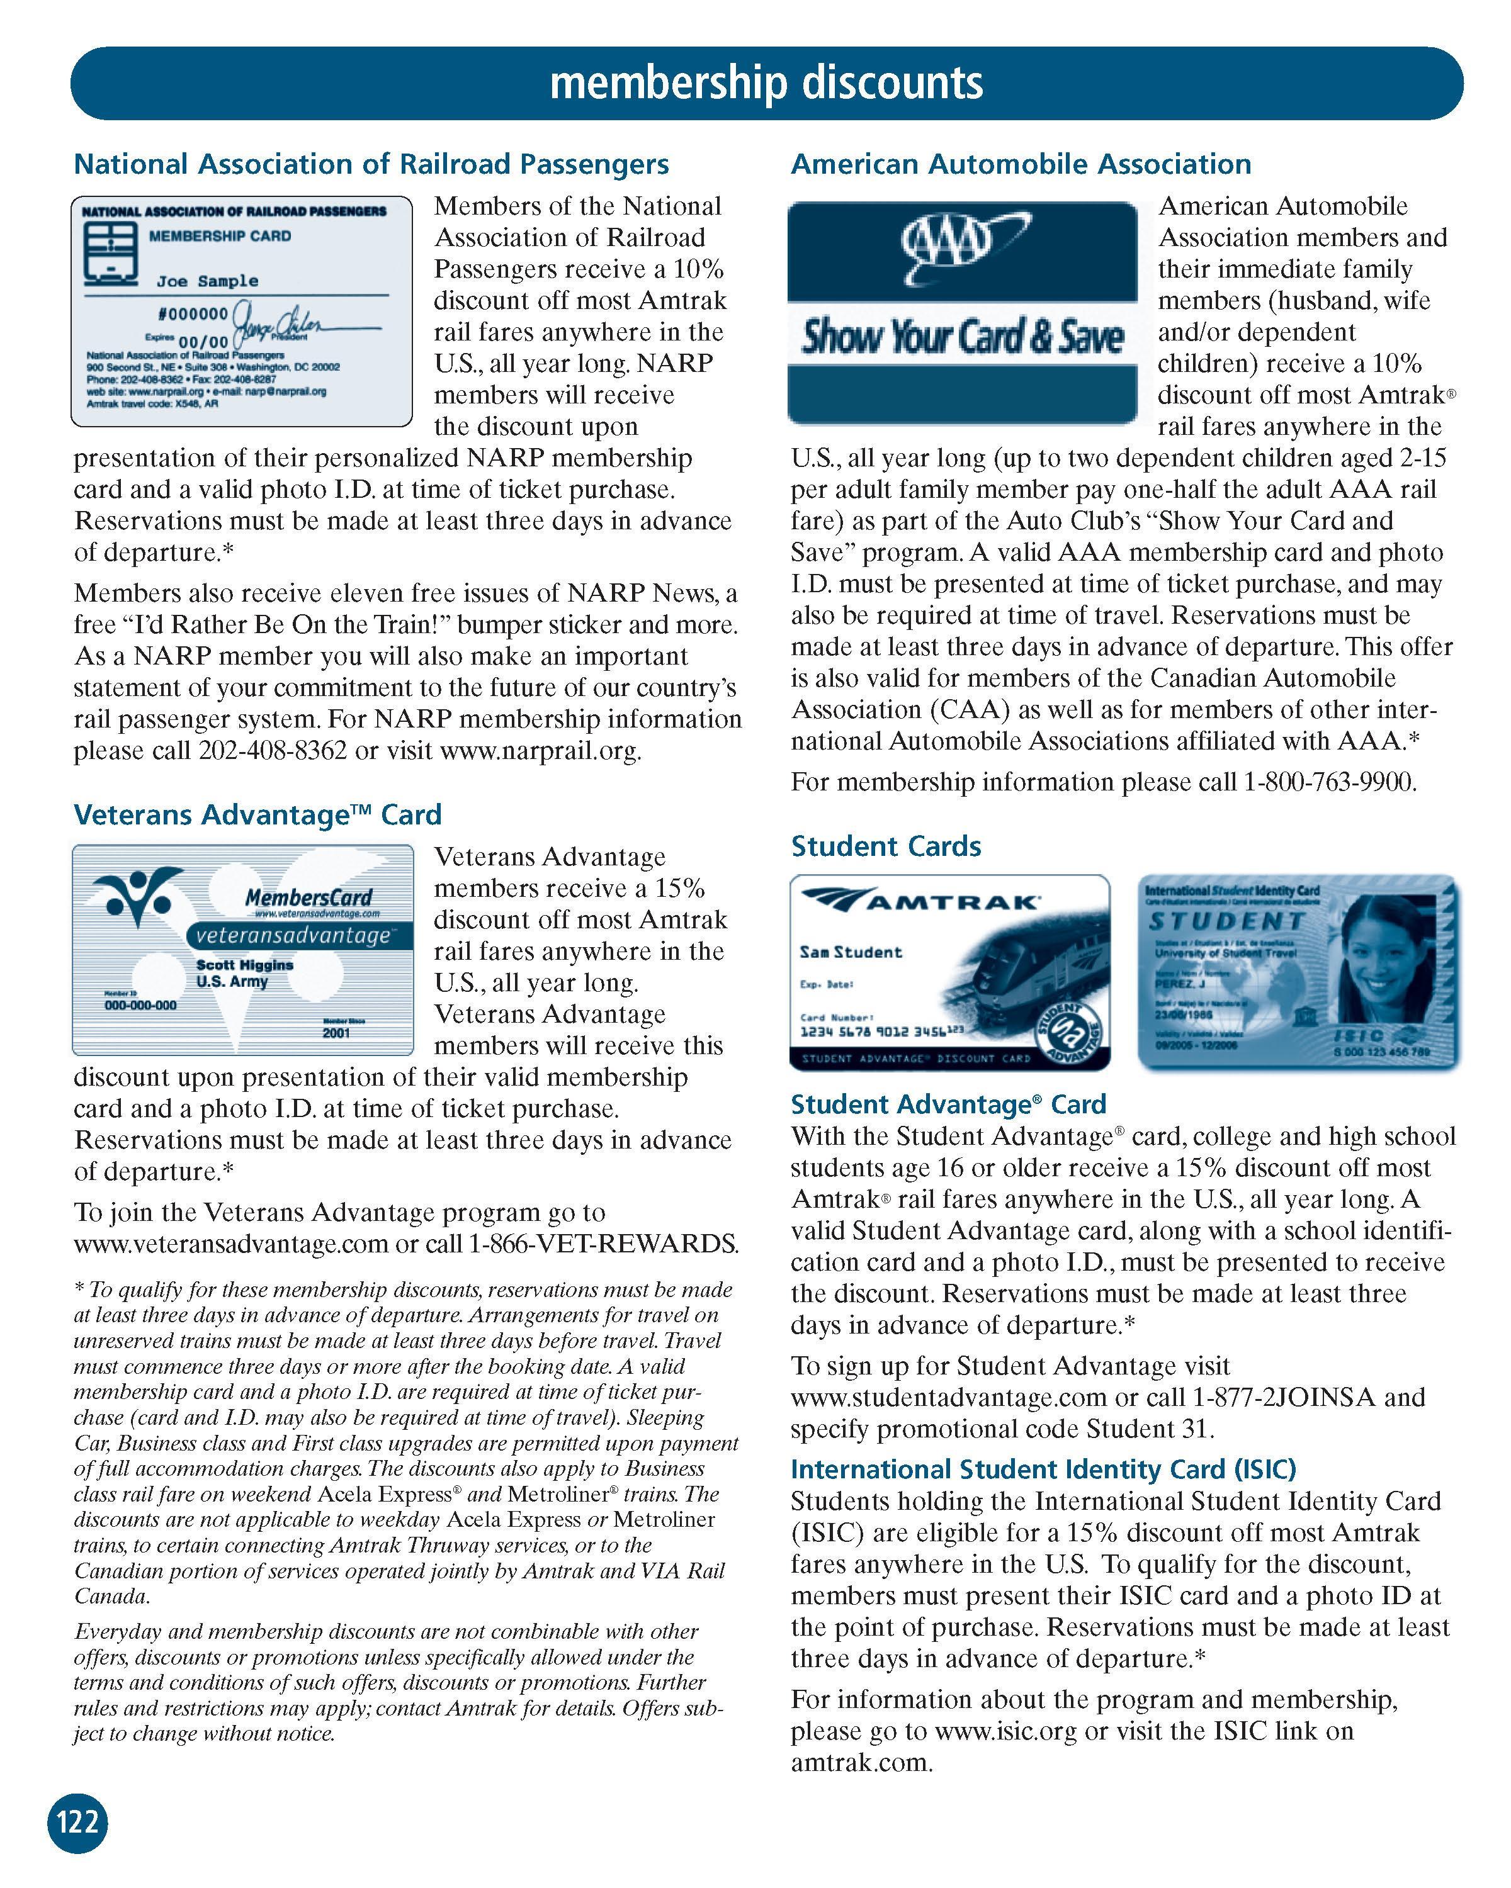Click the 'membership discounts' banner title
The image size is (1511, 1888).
point(766,82)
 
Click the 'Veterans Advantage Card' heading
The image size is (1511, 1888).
point(257,814)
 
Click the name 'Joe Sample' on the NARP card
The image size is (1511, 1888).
point(208,281)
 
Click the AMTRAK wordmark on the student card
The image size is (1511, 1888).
point(956,902)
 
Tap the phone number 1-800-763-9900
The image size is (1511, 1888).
point(1329,782)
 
